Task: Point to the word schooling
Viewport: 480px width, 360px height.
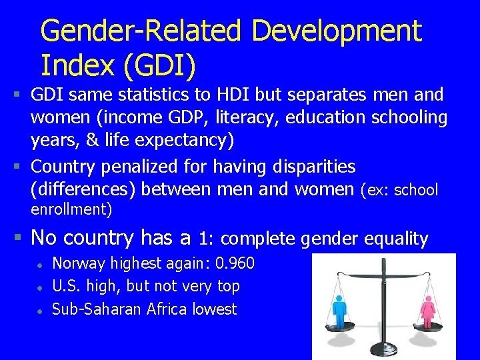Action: (408, 117)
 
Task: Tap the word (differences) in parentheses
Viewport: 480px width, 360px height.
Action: (83, 189)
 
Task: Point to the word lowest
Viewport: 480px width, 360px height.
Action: (215, 309)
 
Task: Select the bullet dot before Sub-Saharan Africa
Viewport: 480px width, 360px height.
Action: (40, 310)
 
